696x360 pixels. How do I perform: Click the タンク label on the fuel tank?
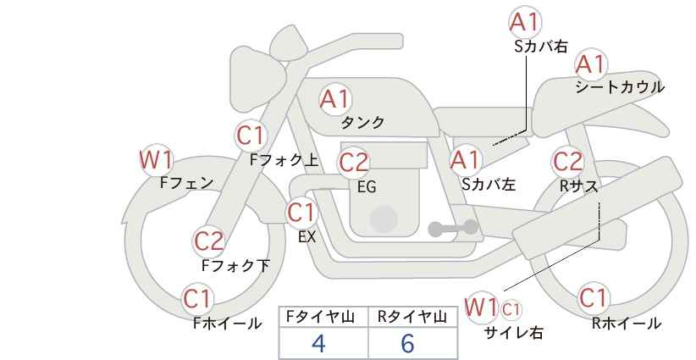coord(362,123)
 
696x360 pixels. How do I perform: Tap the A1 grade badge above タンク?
coord(334,99)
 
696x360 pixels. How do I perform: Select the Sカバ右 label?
coord(540,47)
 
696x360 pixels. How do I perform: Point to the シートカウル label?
coord(620,87)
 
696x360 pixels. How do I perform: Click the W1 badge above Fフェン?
coord(156,158)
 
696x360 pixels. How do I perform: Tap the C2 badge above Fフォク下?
coord(208,241)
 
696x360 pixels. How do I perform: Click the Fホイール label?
coord(227,323)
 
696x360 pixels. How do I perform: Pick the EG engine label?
coord(367,187)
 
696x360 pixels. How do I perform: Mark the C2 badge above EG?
coord(354,162)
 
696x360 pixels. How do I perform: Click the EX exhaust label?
coord(307,237)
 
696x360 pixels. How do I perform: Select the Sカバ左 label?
coord(489,183)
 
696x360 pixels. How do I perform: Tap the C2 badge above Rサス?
coord(567,161)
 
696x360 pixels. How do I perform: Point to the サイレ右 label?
coord(513,333)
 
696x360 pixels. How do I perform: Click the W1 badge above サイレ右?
coord(482,307)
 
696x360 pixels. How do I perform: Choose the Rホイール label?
coord(626,323)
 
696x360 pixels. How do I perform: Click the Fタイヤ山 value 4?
coord(318,343)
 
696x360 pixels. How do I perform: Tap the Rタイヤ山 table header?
coord(412,317)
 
